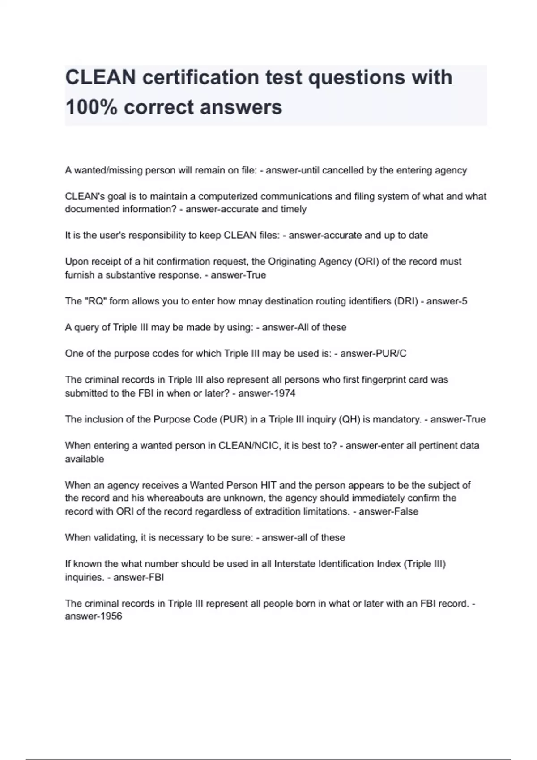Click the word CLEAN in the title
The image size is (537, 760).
[x=101, y=77]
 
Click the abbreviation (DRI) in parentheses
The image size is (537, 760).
[x=405, y=301]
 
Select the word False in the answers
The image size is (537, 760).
[x=405, y=511]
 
